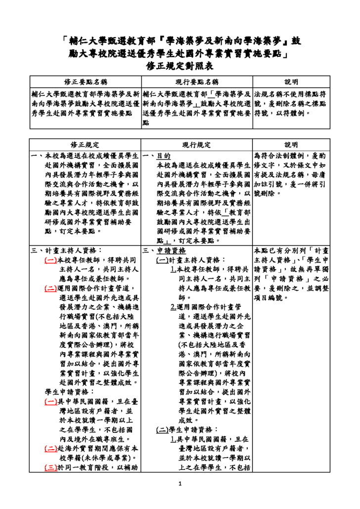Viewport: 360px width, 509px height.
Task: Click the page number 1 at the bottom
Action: click(x=180, y=483)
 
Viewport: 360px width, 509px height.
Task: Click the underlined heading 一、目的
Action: click(x=157, y=156)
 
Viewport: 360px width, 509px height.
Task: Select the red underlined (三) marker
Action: click(x=50, y=467)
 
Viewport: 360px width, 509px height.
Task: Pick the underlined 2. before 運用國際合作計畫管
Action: click(x=173, y=306)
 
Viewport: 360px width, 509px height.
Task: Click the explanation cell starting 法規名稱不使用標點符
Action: click(x=290, y=103)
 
